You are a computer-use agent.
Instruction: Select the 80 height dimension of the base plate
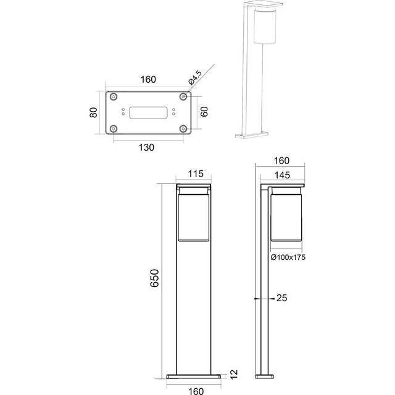[x=93, y=113]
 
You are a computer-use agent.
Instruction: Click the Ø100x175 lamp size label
[x=288, y=257]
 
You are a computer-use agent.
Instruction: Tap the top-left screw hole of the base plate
[x=115, y=98]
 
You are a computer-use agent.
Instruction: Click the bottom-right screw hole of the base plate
[x=183, y=128]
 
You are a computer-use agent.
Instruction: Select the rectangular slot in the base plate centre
[x=149, y=112]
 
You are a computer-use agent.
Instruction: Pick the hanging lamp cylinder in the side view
[x=285, y=216]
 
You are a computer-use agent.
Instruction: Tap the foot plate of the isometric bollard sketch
[x=251, y=134]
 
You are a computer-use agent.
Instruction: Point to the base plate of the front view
[x=195, y=375]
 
